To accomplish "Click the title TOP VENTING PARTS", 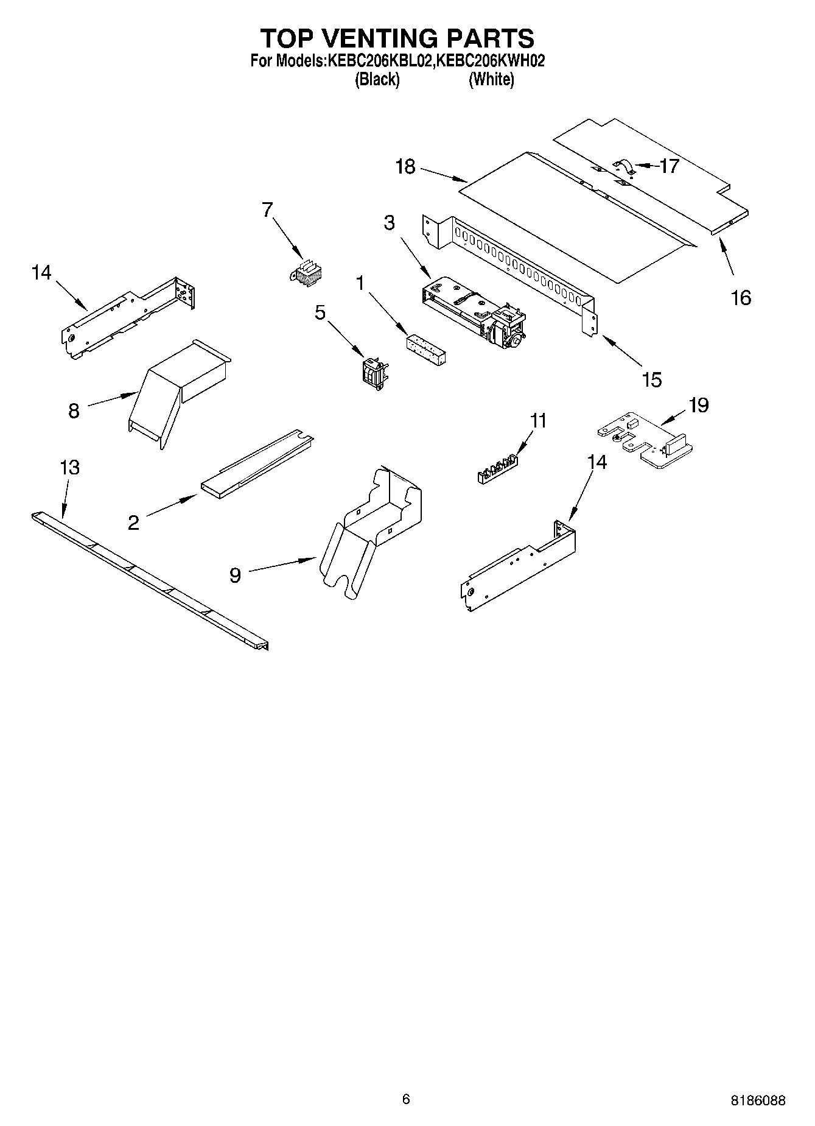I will click(x=397, y=38).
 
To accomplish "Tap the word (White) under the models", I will click(x=491, y=80).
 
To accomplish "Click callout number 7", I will click(x=267, y=209).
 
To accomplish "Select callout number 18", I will click(x=405, y=166).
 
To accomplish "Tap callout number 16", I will click(x=741, y=298).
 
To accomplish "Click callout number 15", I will click(x=651, y=379).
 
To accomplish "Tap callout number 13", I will click(x=69, y=468).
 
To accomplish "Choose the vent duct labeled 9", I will click(x=371, y=524).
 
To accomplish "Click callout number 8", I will click(x=74, y=411).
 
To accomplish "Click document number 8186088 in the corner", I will click(x=758, y=1100).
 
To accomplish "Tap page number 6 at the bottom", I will click(x=406, y=1099).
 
